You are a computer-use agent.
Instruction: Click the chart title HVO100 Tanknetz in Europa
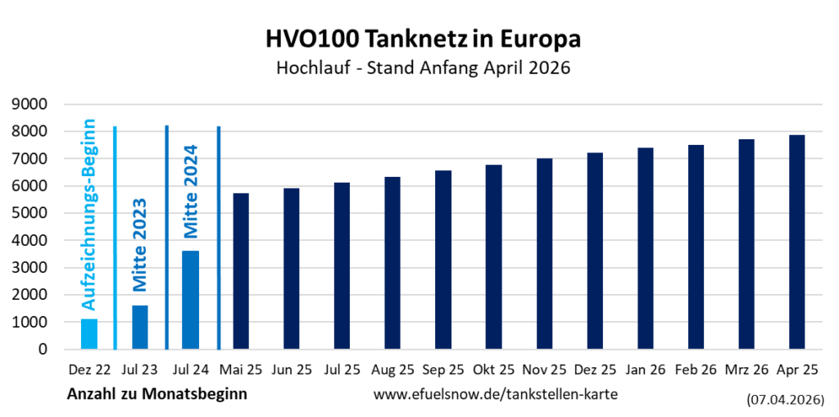point(423,39)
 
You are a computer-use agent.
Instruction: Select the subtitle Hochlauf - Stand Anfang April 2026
point(423,69)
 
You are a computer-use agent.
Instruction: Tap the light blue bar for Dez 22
point(89,334)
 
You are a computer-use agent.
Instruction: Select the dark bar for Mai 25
point(241,271)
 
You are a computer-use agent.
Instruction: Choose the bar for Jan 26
point(646,248)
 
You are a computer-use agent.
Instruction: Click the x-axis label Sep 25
point(443,369)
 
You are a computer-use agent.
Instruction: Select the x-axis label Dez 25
point(595,369)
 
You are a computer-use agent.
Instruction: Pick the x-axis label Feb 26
point(696,369)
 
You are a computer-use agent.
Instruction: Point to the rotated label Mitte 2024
point(190,190)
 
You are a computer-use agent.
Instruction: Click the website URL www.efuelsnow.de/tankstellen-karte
point(496,394)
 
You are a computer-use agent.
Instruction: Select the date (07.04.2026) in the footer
point(785,401)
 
